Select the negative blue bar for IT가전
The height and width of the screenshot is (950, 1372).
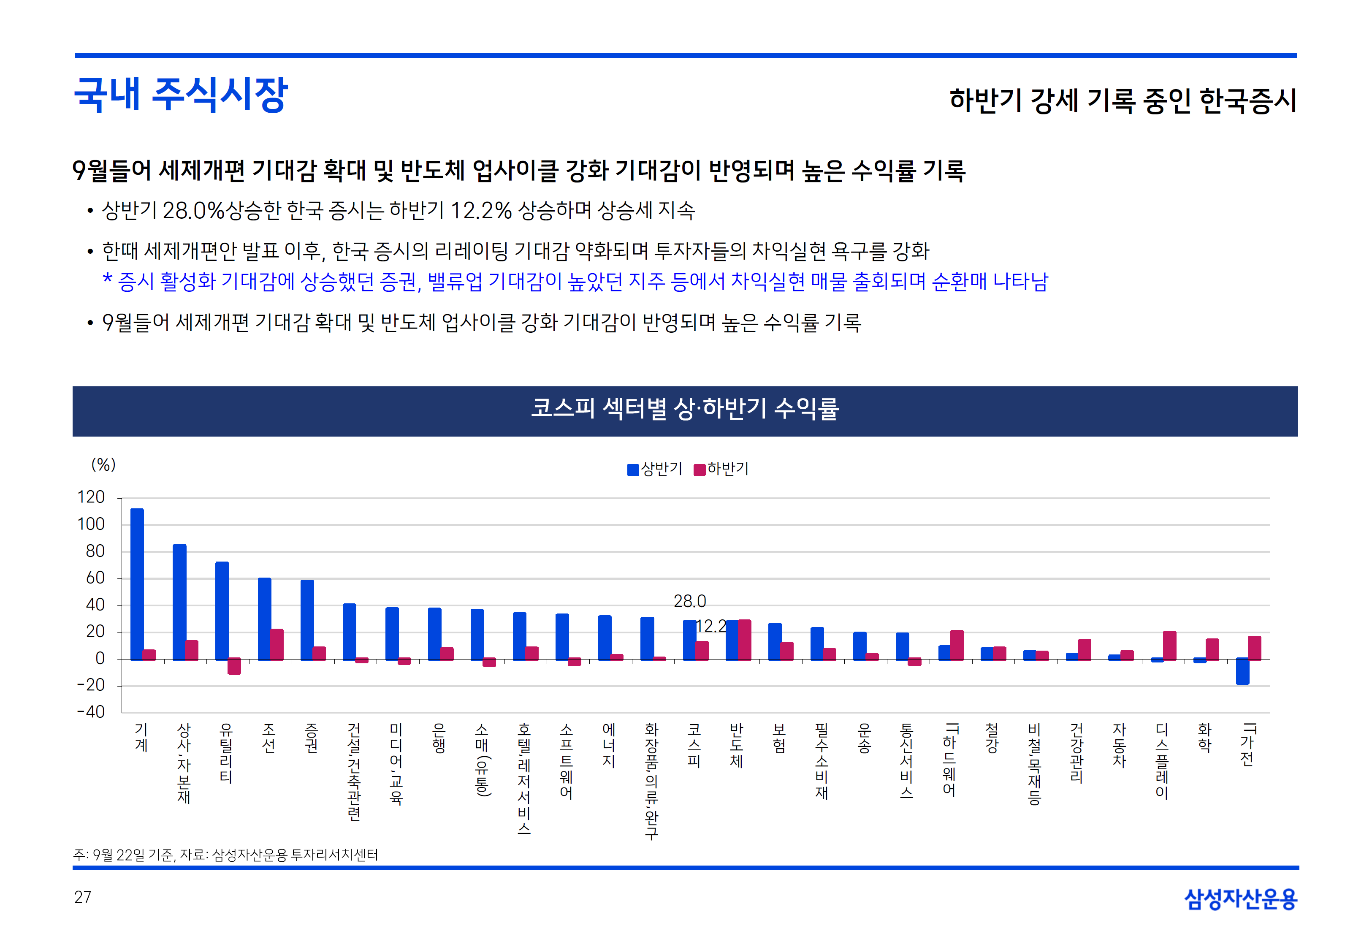coord(1242,671)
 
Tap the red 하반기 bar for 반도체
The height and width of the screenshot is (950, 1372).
coord(744,640)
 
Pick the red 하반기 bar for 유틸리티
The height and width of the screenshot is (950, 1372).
coord(234,666)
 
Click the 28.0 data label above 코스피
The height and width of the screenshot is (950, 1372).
coord(689,601)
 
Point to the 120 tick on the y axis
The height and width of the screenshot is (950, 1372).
coord(91,497)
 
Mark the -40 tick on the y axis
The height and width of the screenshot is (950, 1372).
coord(91,712)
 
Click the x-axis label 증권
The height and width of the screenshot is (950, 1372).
coord(311,738)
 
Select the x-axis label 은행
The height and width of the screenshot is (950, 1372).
coord(439,738)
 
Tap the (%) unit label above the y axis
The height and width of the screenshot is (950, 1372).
coord(103,464)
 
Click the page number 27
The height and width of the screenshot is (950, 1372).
coord(83,897)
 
